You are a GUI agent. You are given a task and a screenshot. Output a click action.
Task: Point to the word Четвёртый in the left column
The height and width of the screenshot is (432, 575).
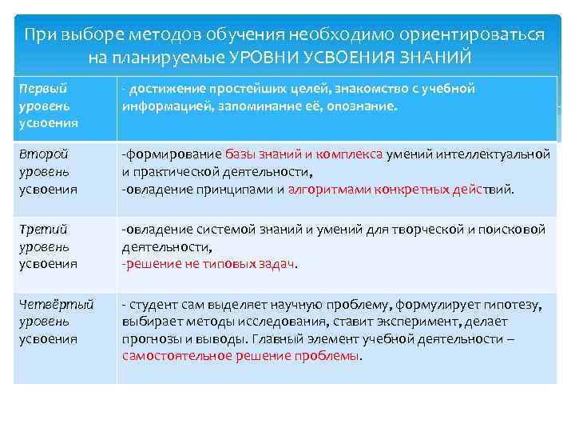(x=57, y=304)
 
